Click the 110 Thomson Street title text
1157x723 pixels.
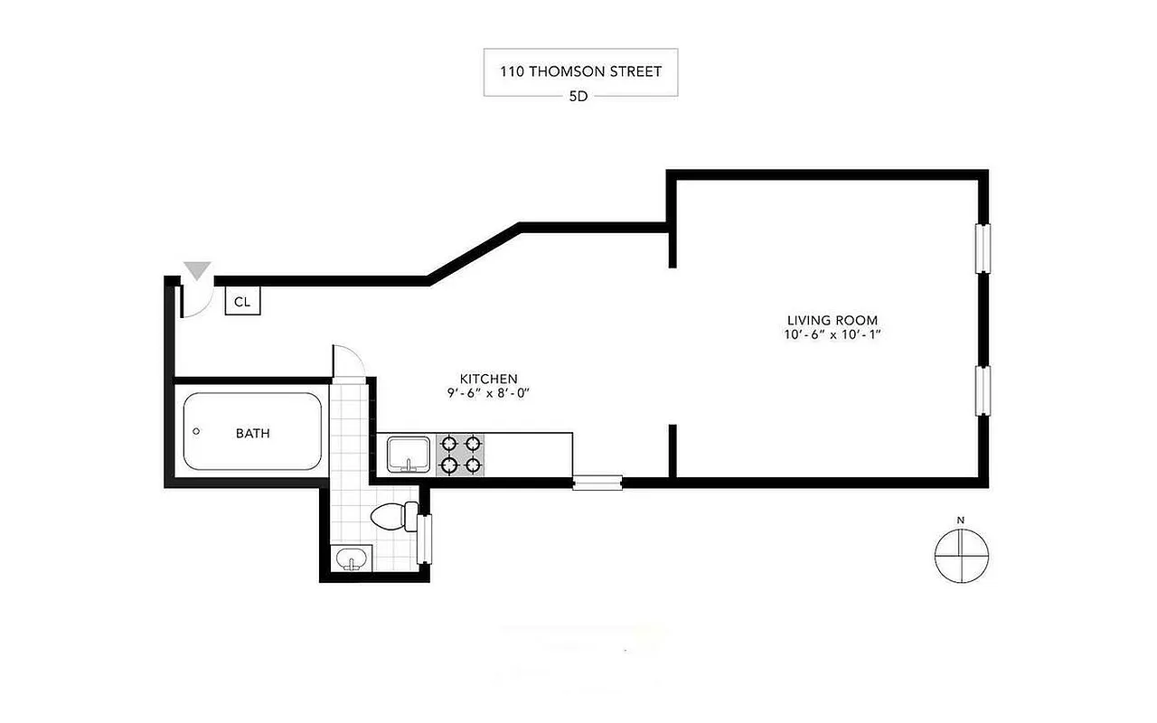tap(580, 71)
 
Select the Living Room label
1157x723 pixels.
tap(832, 320)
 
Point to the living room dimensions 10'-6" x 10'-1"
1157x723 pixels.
tap(832, 335)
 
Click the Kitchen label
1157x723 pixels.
tap(488, 379)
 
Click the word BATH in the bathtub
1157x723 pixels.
tap(252, 433)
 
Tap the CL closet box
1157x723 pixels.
tap(242, 302)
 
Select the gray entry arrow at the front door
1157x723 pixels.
tap(196, 269)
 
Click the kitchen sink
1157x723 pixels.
tap(409, 454)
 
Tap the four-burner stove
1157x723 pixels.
tap(459, 455)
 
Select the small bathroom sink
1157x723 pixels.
tap(352, 559)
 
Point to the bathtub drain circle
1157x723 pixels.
tap(196, 432)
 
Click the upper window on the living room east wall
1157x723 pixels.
tap(982, 247)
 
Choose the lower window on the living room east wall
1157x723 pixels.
tap(982, 390)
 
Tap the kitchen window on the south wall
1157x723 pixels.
tap(597, 483)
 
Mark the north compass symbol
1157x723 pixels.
tap(961, 555)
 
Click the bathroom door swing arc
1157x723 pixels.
tap(351, 361)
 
